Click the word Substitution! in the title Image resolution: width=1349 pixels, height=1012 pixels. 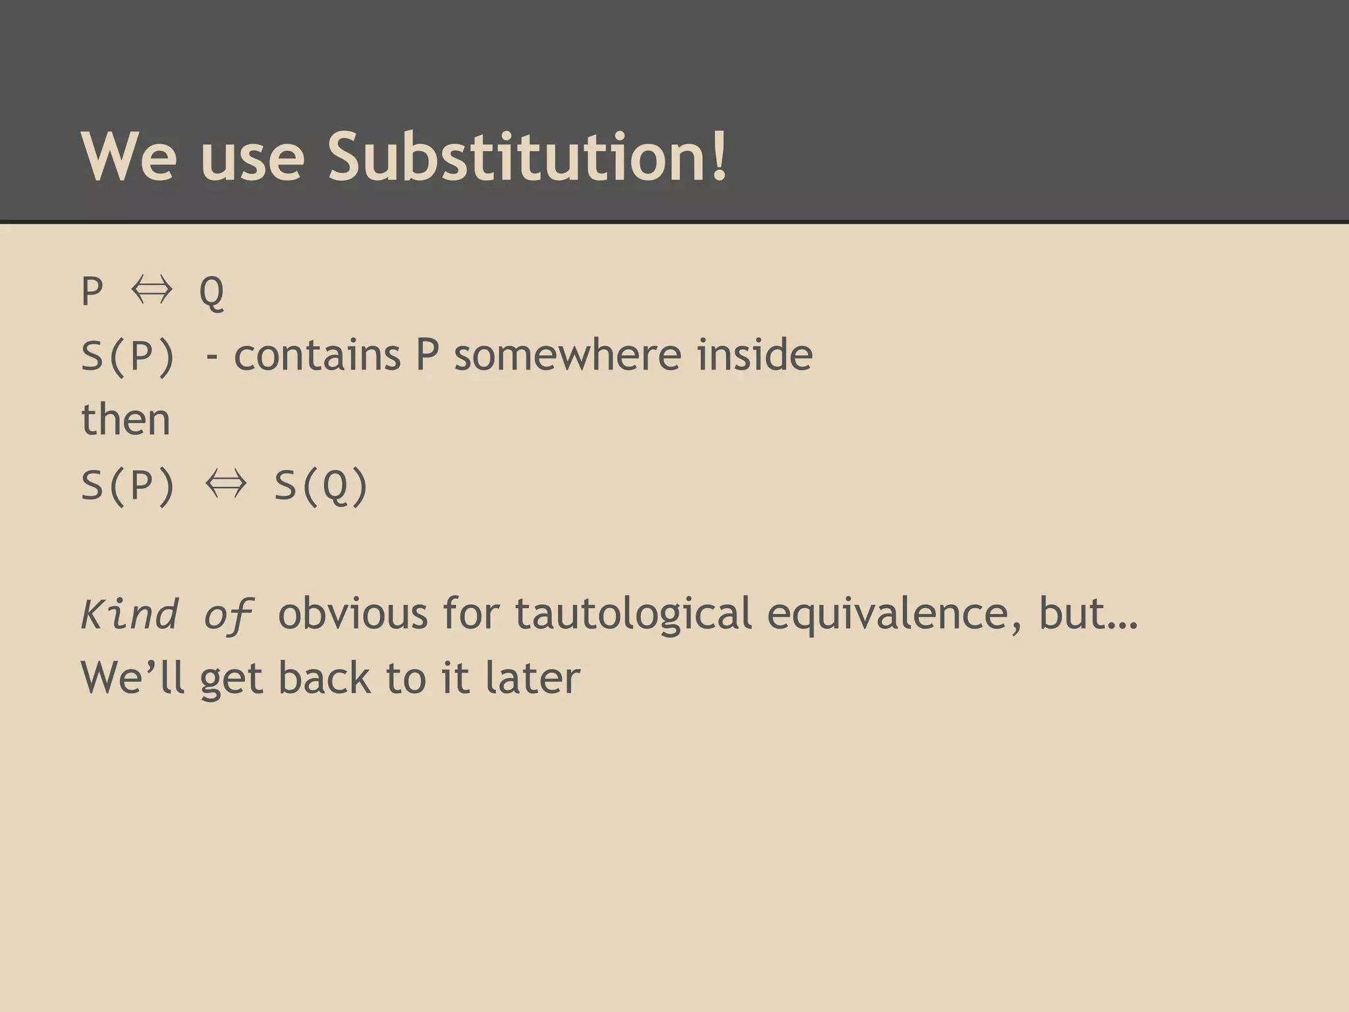pyautogui.click(x=528, y=157)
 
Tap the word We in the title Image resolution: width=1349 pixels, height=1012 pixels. pyautogui.click(x=129, y=157)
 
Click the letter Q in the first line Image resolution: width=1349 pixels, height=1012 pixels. pyautogui.click(x=211, y=291)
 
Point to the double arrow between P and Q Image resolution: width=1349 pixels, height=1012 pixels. pyautogui.click(x=151, y=290)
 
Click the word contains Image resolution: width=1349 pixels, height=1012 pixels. pyautogui.click(x=317, y=355)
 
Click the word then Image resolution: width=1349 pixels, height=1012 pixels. pyautogui.click(x=126, y=420)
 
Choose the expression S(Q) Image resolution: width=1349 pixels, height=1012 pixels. pyautogui.click(x=321, y=486)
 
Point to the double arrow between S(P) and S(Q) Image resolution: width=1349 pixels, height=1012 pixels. pyautogui.click(x=226, y=484)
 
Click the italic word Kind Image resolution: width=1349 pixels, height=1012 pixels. pyautogui.click(x=130, y=614)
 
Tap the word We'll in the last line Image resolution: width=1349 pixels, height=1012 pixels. pyautogui.click(x=132, y=677)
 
